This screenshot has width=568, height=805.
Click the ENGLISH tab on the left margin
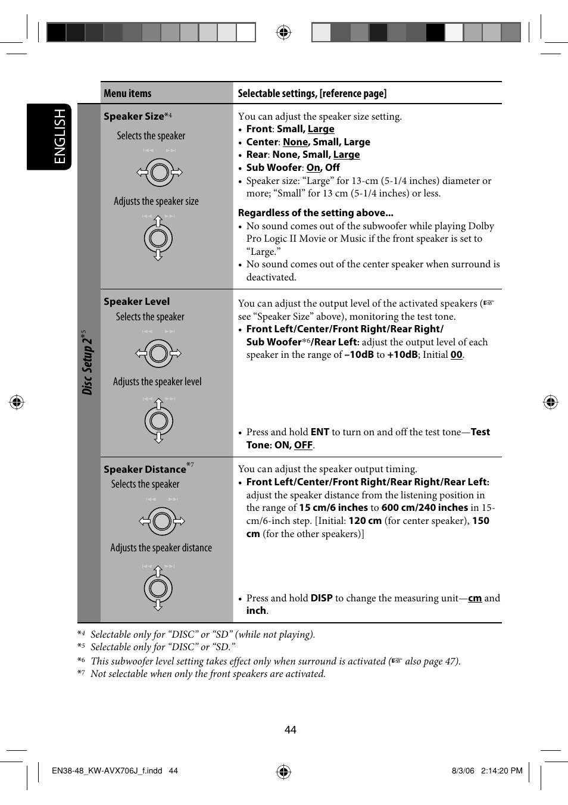coord(60,136)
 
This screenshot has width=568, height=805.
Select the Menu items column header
coord(127,93)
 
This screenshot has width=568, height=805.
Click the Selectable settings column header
coord(312,93)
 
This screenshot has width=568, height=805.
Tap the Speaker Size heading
coord(133,116)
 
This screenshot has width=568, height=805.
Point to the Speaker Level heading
coord(136,301)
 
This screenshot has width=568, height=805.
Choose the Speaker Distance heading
coord(145,469)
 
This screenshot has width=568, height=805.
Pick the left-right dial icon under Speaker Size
coord(159,173)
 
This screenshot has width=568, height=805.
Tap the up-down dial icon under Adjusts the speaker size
coord(158,238)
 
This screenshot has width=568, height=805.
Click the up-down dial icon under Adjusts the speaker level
coord(158,421)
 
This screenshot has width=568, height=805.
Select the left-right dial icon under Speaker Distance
coord(161,522)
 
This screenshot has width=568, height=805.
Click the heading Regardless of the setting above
coord(316,213)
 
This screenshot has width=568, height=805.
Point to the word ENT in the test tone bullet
coord(320,432)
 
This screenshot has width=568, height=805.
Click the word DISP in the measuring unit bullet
coord(321,598)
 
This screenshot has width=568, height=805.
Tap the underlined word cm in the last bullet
coord(475,598)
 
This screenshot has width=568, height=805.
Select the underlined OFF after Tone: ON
coord(303,445)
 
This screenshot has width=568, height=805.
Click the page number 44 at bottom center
coord(290,730)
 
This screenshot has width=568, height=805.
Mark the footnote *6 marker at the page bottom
coord(81,660)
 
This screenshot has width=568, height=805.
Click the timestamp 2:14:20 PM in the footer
coord(501,770)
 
